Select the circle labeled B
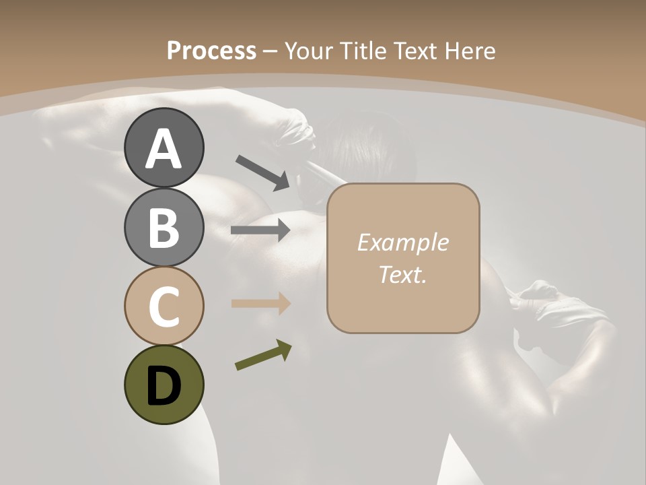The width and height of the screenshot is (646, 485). (x=164, y=227)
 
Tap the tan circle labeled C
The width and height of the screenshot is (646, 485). (x=164, y=306)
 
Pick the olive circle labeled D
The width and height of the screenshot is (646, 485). (x=164, y=385)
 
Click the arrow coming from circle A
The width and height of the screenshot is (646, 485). (x=262, y=172)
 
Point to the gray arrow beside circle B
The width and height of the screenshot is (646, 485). (x=260, y=230)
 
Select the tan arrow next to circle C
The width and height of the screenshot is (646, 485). (x=260, y=304)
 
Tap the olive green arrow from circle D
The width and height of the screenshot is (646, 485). (x=263, y=355)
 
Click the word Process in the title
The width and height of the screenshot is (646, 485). (x=211, y=51)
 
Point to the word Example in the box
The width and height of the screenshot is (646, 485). (x=402, y=243)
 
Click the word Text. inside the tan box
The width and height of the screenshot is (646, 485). (x=402, y=274)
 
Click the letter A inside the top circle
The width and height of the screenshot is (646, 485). (x=164, y=149)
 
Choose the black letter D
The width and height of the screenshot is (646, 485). (x=164, y=387)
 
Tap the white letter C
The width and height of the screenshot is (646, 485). (x=164, y=307)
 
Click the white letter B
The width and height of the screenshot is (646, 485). (x=164, y=228)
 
